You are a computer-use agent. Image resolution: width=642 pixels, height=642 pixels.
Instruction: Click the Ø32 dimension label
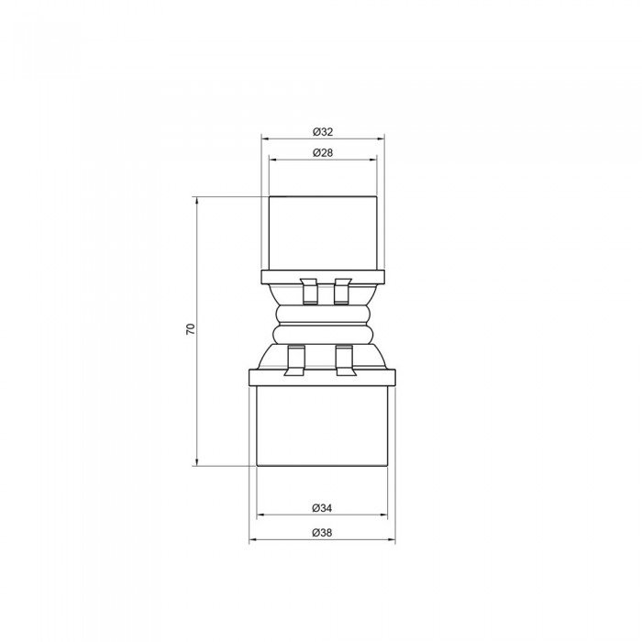coord(322,130)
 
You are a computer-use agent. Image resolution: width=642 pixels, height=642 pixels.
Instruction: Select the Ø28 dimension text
coord(322,151)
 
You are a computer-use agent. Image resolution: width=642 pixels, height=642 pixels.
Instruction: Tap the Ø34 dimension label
coord(322,507)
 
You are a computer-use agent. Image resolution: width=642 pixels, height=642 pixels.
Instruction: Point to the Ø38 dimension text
coord(322,532)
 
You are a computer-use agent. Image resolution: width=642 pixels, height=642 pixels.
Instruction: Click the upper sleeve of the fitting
coord(322,233)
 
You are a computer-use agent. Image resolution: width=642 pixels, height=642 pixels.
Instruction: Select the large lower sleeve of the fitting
coord(322,426)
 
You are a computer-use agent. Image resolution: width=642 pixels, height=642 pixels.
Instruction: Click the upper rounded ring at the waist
coord(322,315)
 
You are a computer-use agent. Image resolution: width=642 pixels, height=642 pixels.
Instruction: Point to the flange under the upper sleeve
coord(322,276)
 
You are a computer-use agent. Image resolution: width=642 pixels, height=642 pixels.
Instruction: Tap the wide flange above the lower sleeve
coord(322,376)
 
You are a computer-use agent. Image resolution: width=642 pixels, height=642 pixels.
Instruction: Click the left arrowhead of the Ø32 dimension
coord(265,138)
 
